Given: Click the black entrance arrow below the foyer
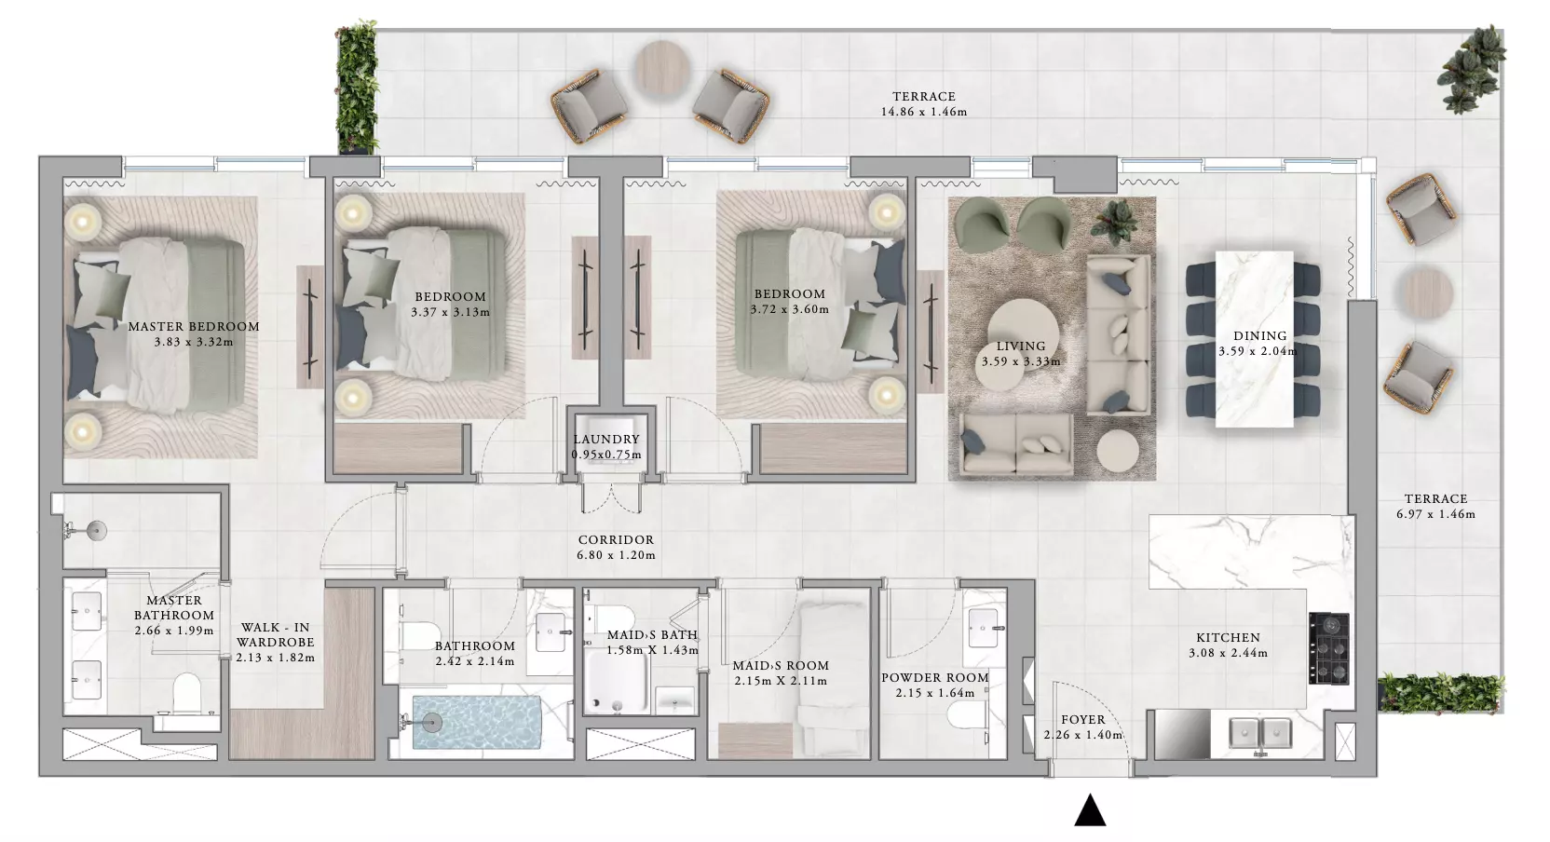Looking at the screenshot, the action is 1090,810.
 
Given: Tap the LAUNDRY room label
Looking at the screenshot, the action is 606,440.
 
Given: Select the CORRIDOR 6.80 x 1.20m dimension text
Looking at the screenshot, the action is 616,555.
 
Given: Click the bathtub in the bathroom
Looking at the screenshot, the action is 477,722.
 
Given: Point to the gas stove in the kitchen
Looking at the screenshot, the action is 1328,647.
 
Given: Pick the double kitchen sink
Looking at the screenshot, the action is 1260,733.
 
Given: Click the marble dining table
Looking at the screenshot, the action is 1255,339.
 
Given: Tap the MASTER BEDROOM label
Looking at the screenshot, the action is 194,327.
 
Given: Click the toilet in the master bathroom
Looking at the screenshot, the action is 186,693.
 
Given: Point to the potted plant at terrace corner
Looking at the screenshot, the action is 1474,70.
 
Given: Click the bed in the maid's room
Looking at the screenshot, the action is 834,679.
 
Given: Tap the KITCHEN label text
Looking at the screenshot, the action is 1229,638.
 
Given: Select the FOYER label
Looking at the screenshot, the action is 1083,720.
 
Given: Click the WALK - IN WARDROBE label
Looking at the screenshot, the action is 276,634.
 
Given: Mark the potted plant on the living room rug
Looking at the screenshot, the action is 1114,222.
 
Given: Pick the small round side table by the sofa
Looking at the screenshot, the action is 1118,451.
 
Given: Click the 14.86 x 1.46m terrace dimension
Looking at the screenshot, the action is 924,112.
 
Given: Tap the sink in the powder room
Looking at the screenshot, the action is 986,628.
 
